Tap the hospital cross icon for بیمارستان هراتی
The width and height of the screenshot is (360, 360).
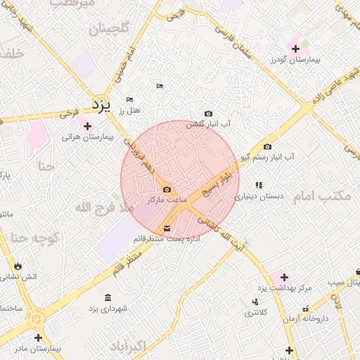pyautogui.click(x=87, y=126)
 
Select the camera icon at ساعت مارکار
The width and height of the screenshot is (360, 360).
pyautogui.click(x=167, y=189)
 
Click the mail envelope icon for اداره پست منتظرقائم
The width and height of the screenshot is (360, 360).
pyautogui.click(x=167, y=228)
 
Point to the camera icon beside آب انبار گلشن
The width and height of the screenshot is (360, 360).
pyautogui.click(x=208, y=113)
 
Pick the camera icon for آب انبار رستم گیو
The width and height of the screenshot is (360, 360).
pyautogui.click(x=267, y=146)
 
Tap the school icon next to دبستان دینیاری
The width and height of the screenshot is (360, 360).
pyautogui.click(x=259, y=185)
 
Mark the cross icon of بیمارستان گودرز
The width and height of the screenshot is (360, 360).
pyautogui.click(x=295, y=49)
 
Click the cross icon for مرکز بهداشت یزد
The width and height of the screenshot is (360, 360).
pyautogui.click(x=283, y=278)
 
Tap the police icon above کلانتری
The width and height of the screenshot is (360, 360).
pyautogui.click(x=254, y=302)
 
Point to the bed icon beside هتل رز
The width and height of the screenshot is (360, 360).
pyautogui.click(x=129, y=100)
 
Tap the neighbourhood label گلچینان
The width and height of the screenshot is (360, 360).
pyautogui.click(x=109, y=30)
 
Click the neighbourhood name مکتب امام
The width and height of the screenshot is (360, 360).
pyautogui.click(x=321, y=196)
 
